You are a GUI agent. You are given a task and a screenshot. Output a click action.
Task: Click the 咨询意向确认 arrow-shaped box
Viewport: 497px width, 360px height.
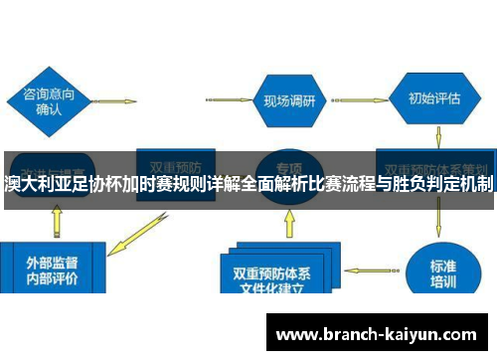(x=50, y=100)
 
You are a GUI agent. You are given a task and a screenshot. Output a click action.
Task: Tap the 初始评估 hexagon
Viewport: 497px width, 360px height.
(x=434, y=99)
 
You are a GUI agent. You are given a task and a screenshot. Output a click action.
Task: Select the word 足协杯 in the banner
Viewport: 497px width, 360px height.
(x=104, y=185)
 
